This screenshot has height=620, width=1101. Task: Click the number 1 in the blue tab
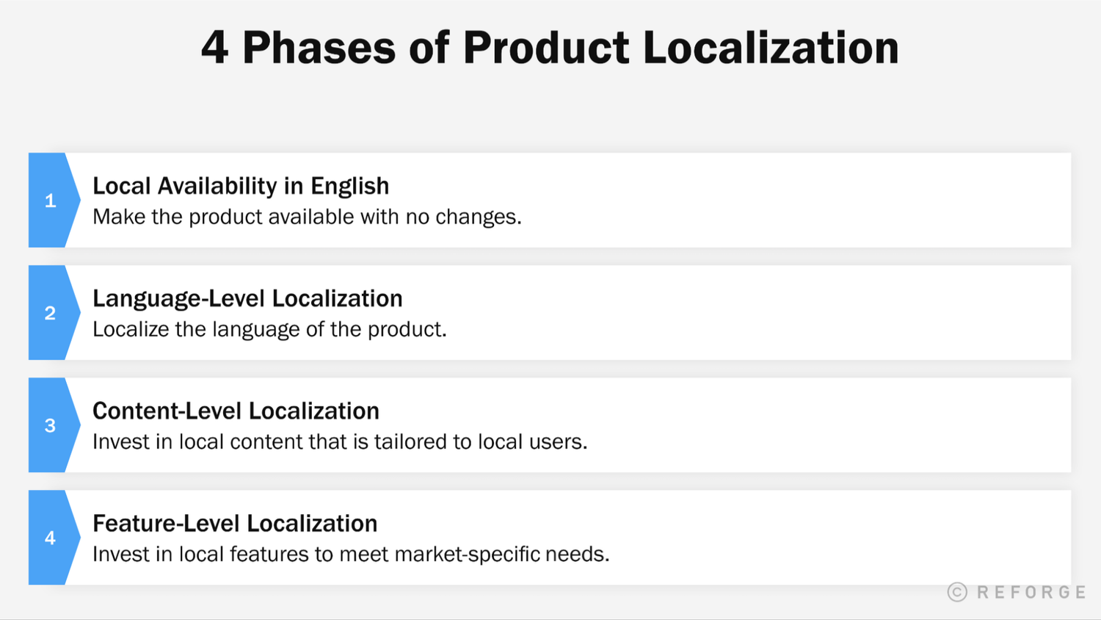(50, 201)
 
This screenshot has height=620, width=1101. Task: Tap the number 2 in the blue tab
(50, 313)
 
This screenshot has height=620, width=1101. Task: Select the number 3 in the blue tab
(50, 425)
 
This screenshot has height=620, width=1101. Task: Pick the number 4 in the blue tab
(50, 538)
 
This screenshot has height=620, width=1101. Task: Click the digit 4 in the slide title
(214, 48)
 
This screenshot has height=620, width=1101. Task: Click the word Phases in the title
(319, 48)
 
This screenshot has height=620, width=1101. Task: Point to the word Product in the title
(546, 48)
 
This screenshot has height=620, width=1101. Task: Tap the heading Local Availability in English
(241, 187)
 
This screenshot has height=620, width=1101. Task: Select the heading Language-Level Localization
(247, 299)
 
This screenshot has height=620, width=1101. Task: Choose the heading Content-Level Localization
(236, 411)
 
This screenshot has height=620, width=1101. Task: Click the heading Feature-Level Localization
(235, 524)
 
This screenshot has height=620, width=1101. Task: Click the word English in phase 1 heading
(349, 187)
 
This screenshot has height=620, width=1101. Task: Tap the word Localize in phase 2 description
(131, 329)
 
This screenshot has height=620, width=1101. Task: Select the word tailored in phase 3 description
(410, 441)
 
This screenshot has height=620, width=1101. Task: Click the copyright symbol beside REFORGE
(957, 592)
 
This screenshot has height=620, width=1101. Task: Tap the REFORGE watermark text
(1031, 592)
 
